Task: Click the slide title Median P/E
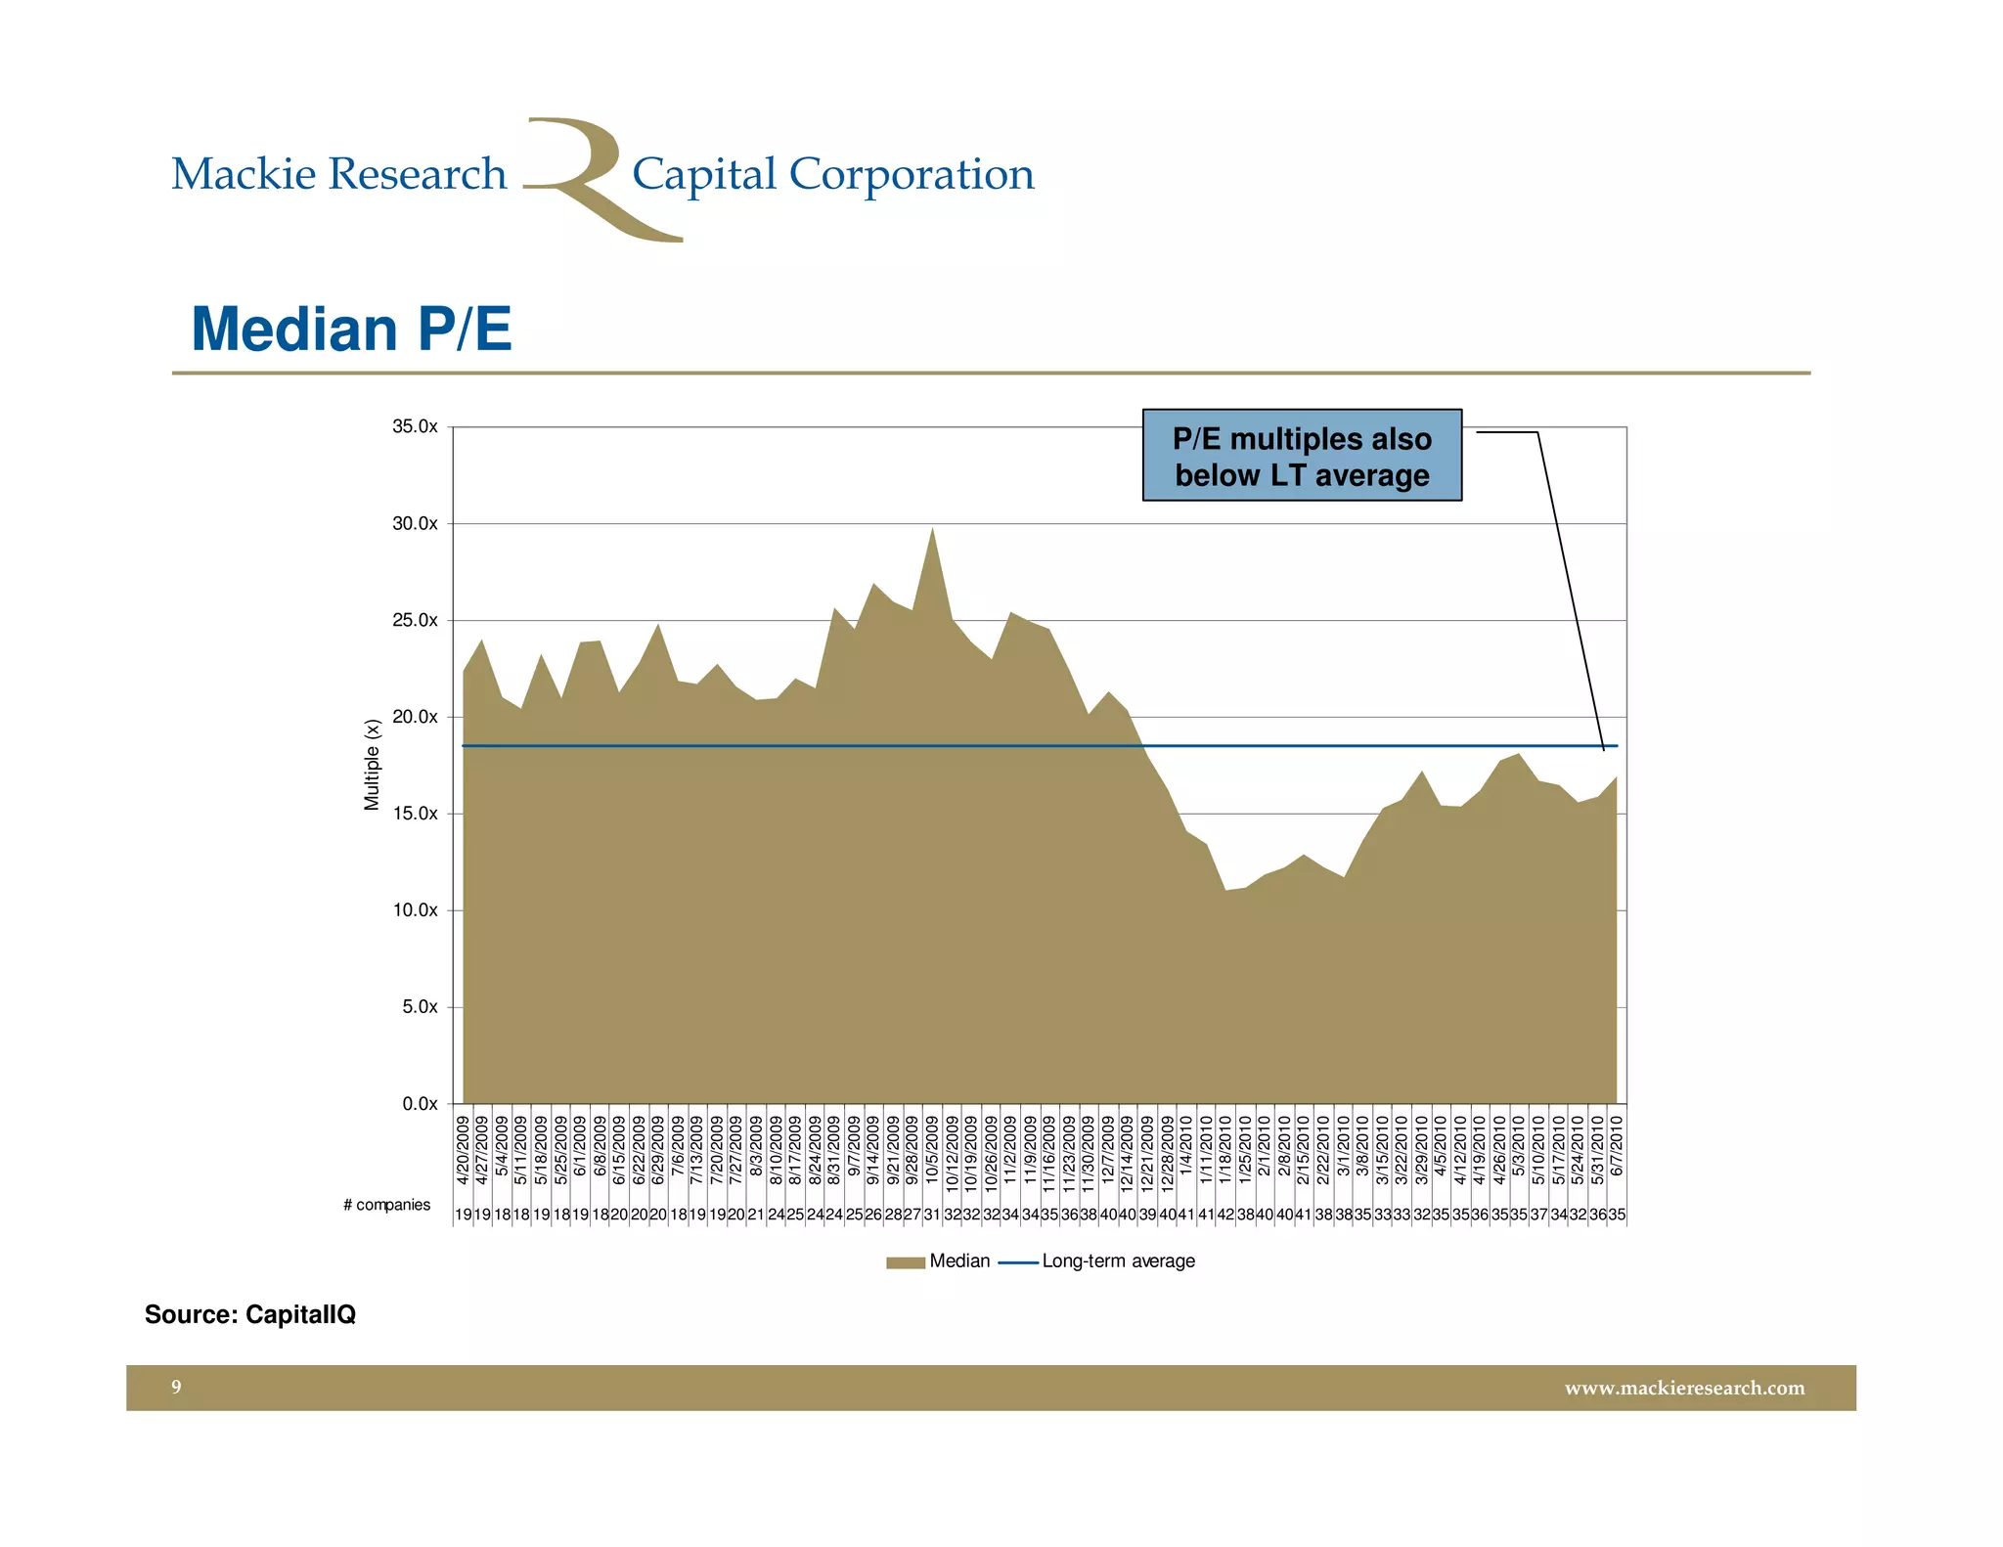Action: tap(351, 329)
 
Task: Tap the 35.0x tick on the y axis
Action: tap(415, 426)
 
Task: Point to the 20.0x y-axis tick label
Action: tap(415, 717)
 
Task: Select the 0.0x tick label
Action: tap(420, 1104)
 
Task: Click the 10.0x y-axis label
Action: tap(415, 910)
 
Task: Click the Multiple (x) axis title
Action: tap(372, 765)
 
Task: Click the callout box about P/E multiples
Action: tap(1302, 456)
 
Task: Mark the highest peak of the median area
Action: tap(932, 530)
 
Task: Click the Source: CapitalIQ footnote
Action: tap(250, 1314)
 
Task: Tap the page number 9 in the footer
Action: tap(176, 1387)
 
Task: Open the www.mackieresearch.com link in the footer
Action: tap(1684, 1388)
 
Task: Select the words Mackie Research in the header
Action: tap(338, 174)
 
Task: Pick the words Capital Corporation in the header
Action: tap(832, 174)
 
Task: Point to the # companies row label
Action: tap(386, 1205)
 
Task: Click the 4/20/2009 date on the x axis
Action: tap(464, 1150)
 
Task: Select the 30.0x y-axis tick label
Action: tap(415, 523)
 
